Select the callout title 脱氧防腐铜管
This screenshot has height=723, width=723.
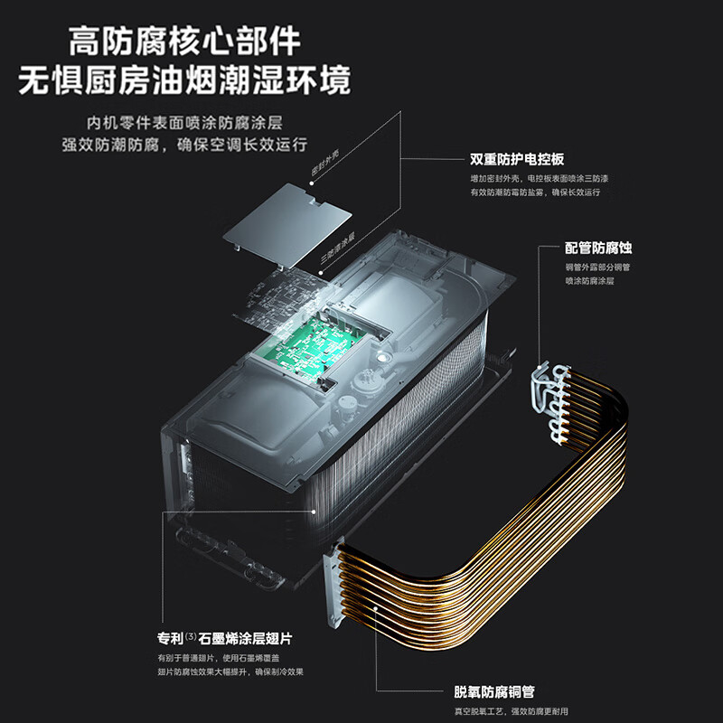pyautogui.click(x=494, y=692)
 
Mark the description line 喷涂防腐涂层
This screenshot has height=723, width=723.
pyautogui.click(x=589, y=281)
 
